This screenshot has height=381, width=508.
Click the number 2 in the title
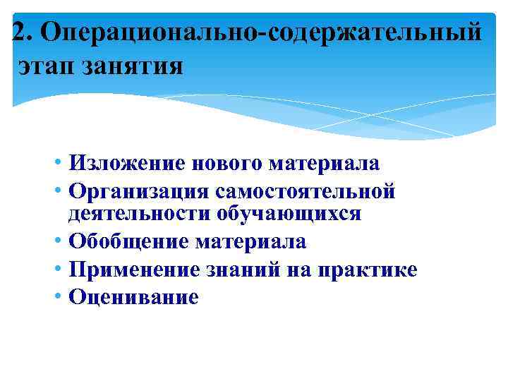click(x=20, y=32)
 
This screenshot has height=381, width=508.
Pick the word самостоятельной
click(x=306, y=190)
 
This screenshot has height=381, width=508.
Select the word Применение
click(x=138, y=270)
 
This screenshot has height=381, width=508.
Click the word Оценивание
click(x=134, y=297)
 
